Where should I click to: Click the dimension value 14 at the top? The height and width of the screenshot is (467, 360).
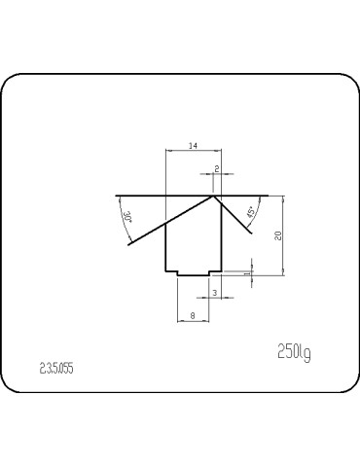(x=193, y=145)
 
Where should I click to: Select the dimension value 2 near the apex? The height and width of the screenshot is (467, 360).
(x=216, y=168)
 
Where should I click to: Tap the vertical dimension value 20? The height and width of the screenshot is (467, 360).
(x=278, y=234)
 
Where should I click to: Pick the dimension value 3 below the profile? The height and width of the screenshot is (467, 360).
(x=214, y=292)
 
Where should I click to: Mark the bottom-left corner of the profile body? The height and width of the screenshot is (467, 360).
(x=166, y=270)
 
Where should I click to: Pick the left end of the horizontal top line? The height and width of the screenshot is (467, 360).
(x=115, y=195)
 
